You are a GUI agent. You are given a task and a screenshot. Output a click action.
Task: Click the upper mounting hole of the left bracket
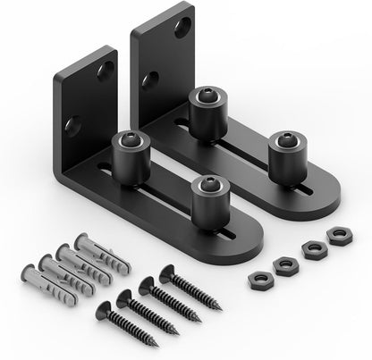click(106, 66)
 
